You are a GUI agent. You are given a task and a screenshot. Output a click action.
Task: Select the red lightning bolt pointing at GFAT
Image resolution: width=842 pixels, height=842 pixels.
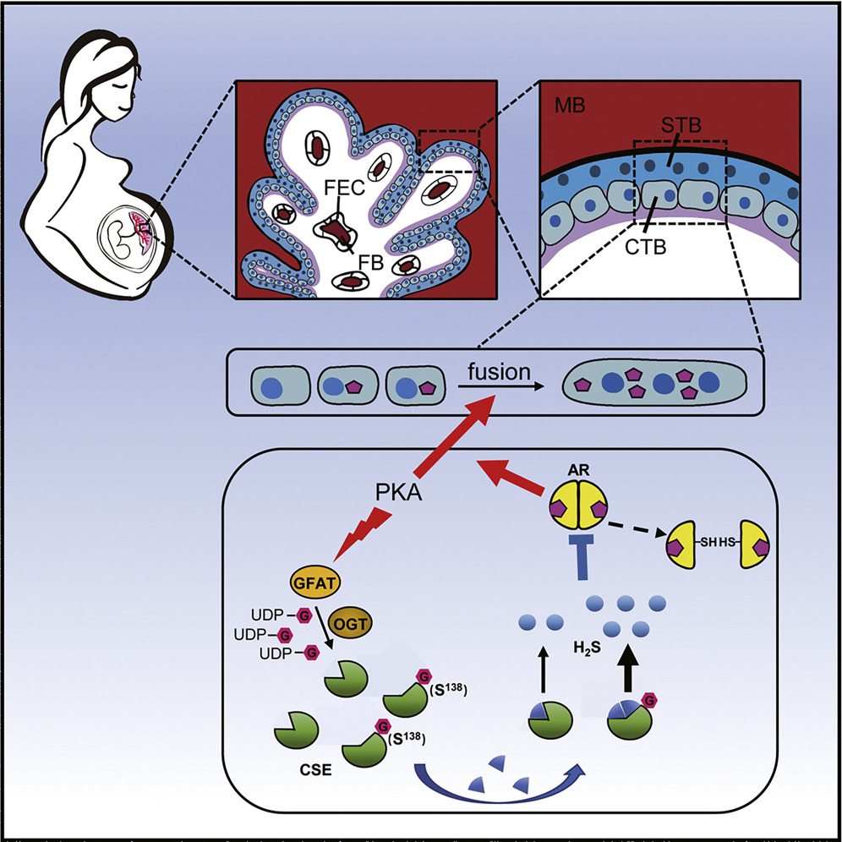tap(361, 539)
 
